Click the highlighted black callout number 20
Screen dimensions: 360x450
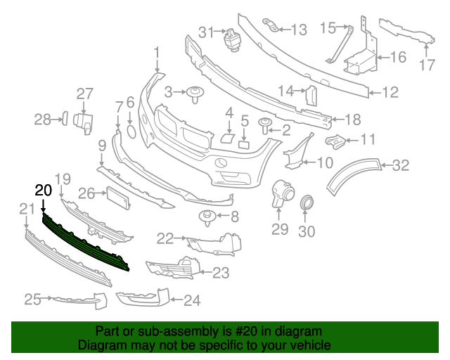coord(43,191)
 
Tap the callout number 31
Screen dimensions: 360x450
coord(205,32)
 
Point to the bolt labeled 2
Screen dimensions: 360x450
coord(266,127)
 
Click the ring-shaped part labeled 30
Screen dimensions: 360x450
coord(307,205)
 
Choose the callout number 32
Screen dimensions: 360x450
coord(400,166)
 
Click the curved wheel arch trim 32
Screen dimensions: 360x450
coord(352,176)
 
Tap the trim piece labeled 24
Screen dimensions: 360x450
coord(144,298)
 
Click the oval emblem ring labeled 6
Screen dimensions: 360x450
coord(131,131)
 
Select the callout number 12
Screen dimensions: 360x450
coord(390,91)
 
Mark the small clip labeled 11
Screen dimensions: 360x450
coord(335,143)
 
